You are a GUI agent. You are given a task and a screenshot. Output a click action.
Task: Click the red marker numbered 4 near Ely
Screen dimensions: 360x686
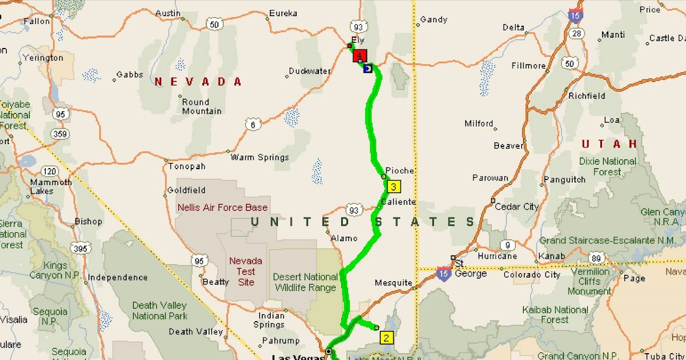[x=360, y=56]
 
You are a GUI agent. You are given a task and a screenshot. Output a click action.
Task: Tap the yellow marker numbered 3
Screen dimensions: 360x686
[x=393, y=186]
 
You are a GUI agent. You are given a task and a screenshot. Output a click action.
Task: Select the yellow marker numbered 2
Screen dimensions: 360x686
[x=386, y=338]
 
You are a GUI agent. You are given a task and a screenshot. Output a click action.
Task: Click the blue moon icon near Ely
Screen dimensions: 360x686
[x=368, y=69]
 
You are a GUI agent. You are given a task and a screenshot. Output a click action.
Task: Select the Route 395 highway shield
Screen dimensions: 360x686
[x=80, y=248]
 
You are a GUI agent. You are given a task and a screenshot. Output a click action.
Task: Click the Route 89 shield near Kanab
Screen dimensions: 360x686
[x=597, y=259]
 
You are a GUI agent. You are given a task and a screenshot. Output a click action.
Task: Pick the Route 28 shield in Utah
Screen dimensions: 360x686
[x=577, y=34]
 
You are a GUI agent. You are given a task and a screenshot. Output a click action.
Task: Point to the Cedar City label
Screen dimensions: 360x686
[x=517, y=206]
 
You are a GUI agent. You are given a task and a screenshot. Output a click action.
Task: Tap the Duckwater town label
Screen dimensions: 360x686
[x=310, y=71]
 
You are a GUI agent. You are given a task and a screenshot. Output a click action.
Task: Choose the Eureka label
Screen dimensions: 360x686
[x=284, y=13]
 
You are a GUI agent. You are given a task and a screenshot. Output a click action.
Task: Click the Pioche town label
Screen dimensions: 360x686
[x=400, y=170]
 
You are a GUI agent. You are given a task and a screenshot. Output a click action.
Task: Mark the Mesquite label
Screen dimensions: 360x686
[x=393, y=282]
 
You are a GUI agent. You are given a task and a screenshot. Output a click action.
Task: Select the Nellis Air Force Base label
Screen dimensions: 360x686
[x=222, y=207]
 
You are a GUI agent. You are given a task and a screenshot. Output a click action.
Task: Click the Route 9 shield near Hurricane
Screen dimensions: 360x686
[x=506, y=246]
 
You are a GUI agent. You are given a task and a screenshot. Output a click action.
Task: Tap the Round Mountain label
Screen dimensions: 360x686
[x=202, y=106]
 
